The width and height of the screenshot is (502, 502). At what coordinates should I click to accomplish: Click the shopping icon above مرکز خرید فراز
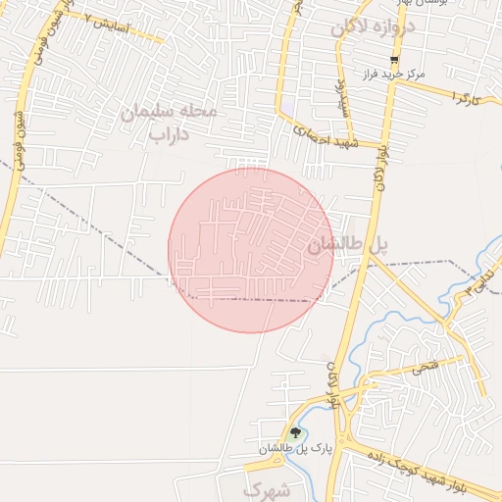tap(393, 60)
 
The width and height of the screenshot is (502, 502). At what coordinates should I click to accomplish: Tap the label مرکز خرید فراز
tap(391, 75)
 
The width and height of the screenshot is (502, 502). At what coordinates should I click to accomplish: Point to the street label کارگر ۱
tap(469, 94)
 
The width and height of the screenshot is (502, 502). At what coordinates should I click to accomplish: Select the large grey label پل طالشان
tap(348, 246)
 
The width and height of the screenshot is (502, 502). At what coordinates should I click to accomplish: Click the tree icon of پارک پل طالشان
tap(295, 432)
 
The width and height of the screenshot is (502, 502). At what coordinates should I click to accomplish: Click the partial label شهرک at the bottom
tap(266, 488)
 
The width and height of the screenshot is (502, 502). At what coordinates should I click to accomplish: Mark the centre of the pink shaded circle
tap(251, 250)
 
